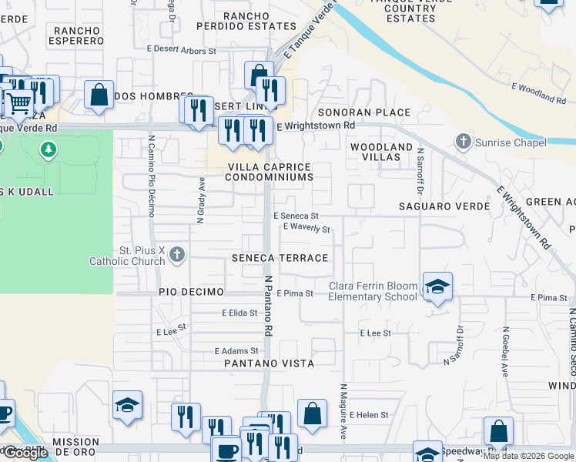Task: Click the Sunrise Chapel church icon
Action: pyautogui.click(x=463, y=142)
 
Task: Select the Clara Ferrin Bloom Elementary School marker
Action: pyautogui.click(x=437, y=287)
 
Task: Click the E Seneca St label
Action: pyautogui.click(x=296, y=216)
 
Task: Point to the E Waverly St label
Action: pyautogui.click(x=306, y=229)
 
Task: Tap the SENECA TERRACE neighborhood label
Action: pyautogui.click(x=280, y=258)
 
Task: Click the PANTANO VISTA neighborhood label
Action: pyautogui.click(x=269, y=363)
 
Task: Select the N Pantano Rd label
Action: pyautogui.click(x=269, y=306)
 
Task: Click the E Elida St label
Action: pyautogui.click(x=239, y=313)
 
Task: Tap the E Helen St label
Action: pyautogui.click(x=369, y=415)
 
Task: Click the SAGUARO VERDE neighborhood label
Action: pyautogui.click(x=444, y=206)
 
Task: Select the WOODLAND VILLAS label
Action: pyautogui.click(x=381, y=152)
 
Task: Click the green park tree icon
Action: pyautogui.click(x=49, y=148)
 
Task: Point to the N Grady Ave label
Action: pyautogui.click(x=201, y=199)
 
